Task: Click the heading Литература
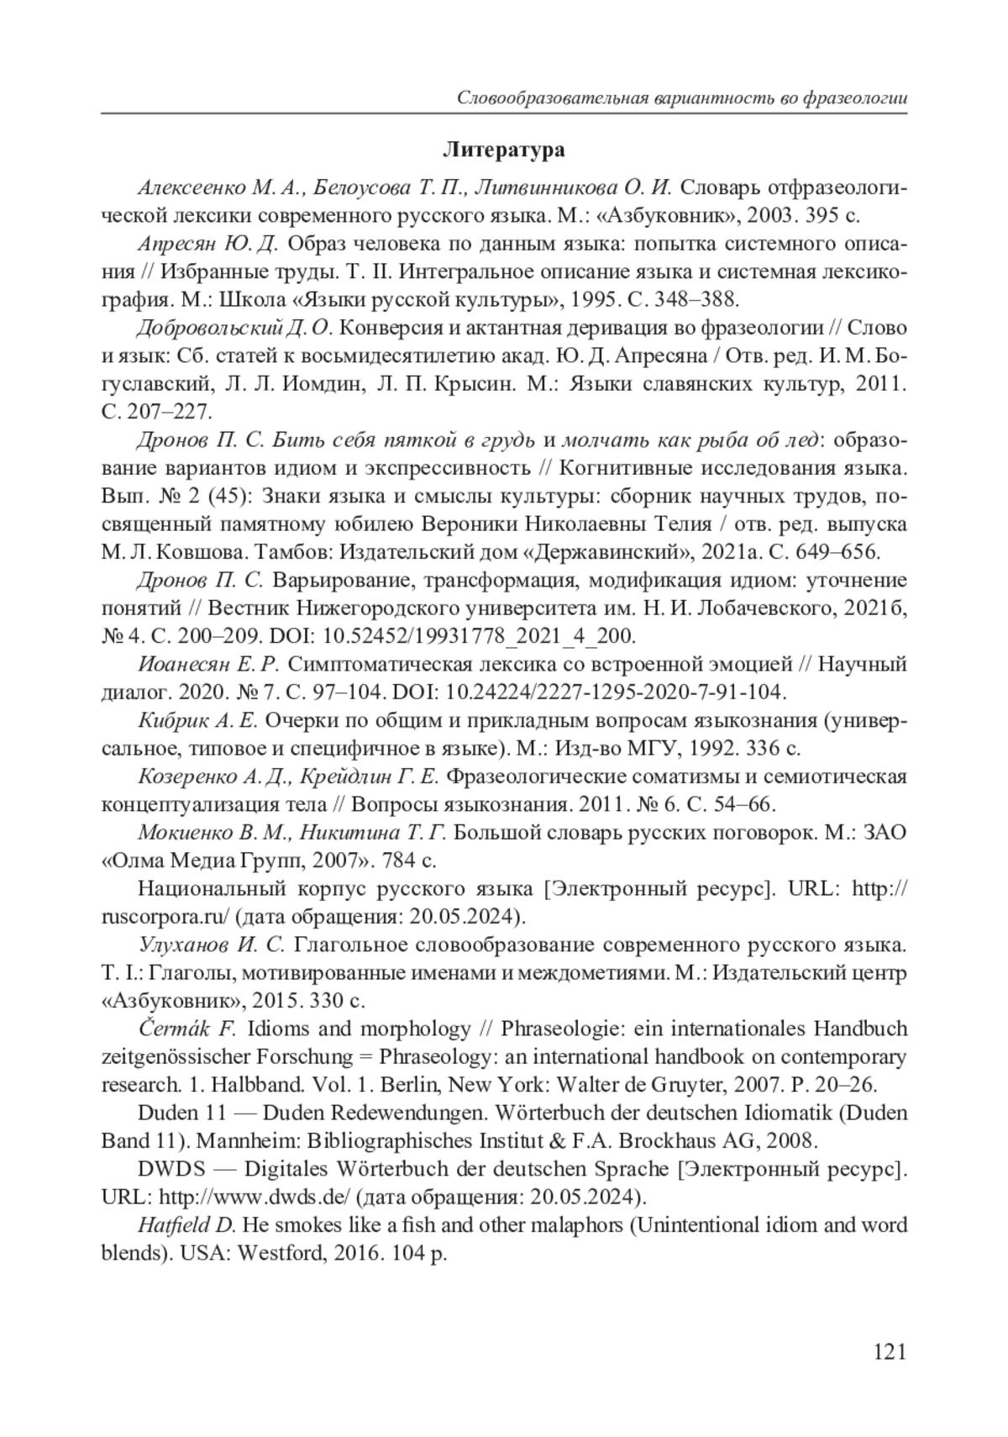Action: [503, 150]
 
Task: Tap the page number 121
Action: [890, 1351]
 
